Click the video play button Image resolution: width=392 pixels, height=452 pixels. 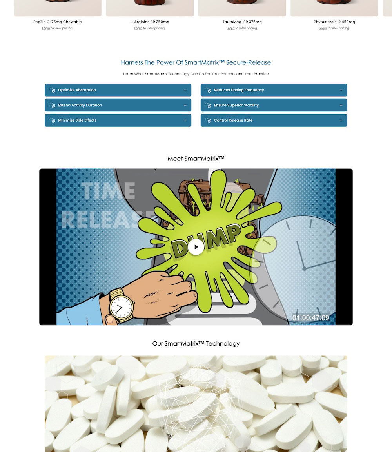click(196, 247)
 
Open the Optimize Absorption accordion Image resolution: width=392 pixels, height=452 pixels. click(118, 90)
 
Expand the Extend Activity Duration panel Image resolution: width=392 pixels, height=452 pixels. click(118, 105)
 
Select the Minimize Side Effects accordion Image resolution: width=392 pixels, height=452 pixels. click(118, 120)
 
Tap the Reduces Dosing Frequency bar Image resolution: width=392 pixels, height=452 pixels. click(274, 90)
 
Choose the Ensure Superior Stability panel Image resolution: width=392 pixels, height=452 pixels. click(274, 105)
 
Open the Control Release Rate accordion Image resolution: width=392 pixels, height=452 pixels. click(274, 120)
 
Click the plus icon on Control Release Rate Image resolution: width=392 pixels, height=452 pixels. click(341, 120)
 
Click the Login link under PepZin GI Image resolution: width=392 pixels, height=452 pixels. click(46, 28)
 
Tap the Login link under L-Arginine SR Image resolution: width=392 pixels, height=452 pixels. click(138, 28)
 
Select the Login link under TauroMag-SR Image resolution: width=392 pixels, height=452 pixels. click(230, 28)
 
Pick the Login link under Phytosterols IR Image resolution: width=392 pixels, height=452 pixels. click(323, 28)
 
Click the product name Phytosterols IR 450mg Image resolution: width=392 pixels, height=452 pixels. click(334, 22)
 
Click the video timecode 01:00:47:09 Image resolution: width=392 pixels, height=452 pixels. click(310, 318)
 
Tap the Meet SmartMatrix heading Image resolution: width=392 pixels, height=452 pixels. click(196, 159)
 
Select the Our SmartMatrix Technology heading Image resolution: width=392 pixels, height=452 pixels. click(196, 344)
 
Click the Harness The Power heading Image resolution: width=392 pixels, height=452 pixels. click(196, 62)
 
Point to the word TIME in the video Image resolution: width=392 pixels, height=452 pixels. click(108, 191)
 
